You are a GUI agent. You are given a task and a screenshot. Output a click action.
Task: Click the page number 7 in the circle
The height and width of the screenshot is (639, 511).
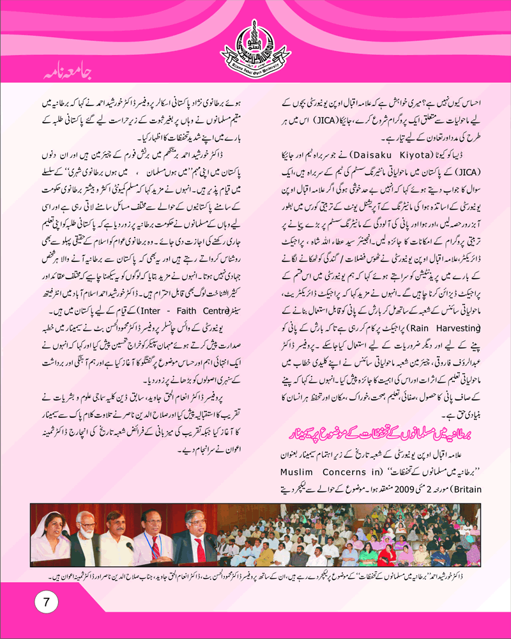[46, 601]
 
